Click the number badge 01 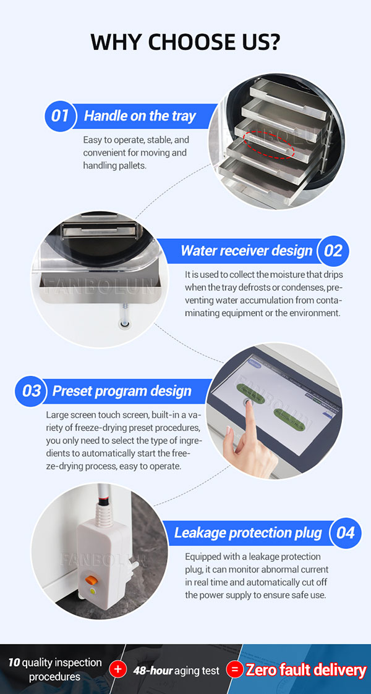pos(60,117)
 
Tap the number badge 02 pos(333,251)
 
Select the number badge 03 pos(31,391)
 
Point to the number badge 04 pos(346,533)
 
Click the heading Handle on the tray pos(140,117)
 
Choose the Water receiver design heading pos(247,251)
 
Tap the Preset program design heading pos(122,391)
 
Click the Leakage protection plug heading pos(248,533)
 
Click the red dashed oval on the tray pos(270,144)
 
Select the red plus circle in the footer pos(117,669)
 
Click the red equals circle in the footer pos(234,669)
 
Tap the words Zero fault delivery pos(306,670)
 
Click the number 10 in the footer pos(14,663)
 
